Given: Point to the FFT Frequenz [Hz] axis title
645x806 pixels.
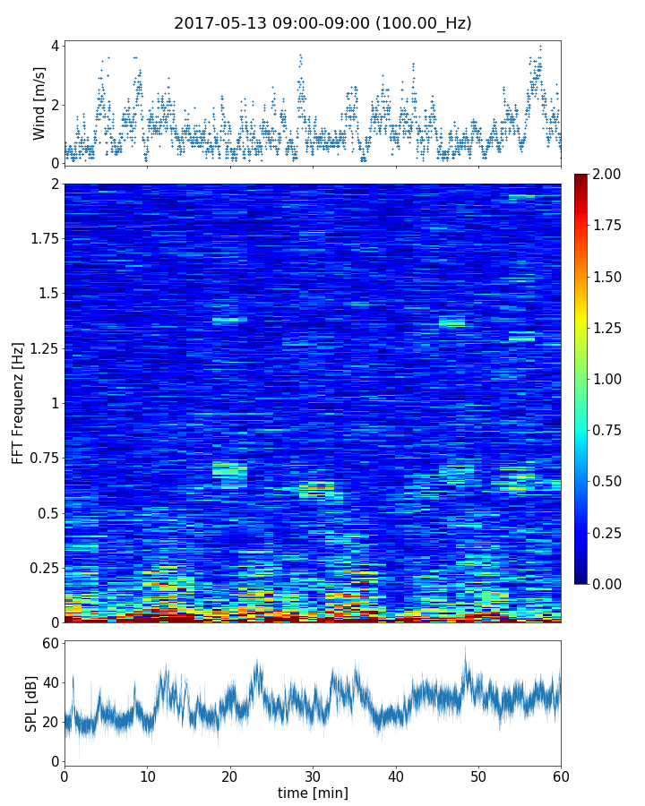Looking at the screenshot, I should pyautogui.click(x=18, y=402).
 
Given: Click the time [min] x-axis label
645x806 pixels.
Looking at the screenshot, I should pyautogui.click(x=313, y=793).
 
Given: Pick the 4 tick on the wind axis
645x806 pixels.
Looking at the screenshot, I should pyautogui.click(x=55, y=47).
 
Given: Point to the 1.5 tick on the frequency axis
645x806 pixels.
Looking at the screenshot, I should pyautogui.click(x=48, y=294).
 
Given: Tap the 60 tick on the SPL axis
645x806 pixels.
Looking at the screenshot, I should pyautogui.click(x=50, y=644).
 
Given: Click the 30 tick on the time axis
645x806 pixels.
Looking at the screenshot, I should pyautogui.click(x=313, y=776).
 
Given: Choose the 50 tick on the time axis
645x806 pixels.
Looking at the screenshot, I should pyautogui.click(x=478, y=776).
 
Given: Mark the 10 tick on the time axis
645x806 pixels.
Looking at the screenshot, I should pyautogui.click(x=147, y=776).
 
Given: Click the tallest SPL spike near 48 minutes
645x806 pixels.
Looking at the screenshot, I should pyautogui.click(x=465, y=648).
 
